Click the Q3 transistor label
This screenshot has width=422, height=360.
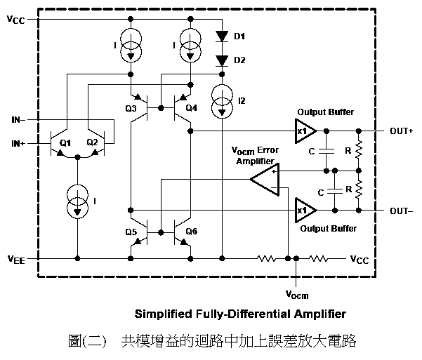coord(131,109)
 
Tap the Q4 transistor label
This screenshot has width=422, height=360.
coord(191,109)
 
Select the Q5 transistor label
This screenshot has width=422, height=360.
coord(131,232)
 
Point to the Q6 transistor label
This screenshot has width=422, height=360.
coord(191,232)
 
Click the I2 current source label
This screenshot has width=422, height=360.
coord(242,101)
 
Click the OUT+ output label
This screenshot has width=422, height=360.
coord(402,131)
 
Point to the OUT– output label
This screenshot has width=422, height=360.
coord(402,210)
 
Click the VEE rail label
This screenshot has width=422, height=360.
coord(17,259)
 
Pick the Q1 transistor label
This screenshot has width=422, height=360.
coord(65,143)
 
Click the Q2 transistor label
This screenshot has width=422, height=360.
coord(92,143)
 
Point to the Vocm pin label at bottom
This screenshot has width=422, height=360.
coord(297,293)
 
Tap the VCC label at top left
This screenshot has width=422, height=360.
coord(15,20)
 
